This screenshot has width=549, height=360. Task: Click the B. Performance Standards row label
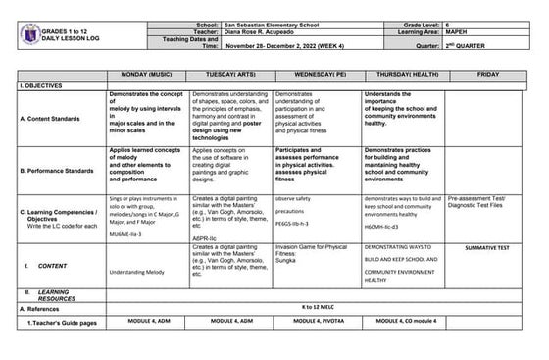click(61, 170)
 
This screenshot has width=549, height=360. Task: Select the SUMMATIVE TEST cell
click(487, 248)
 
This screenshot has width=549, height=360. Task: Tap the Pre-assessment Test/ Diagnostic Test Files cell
click(486, 203)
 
